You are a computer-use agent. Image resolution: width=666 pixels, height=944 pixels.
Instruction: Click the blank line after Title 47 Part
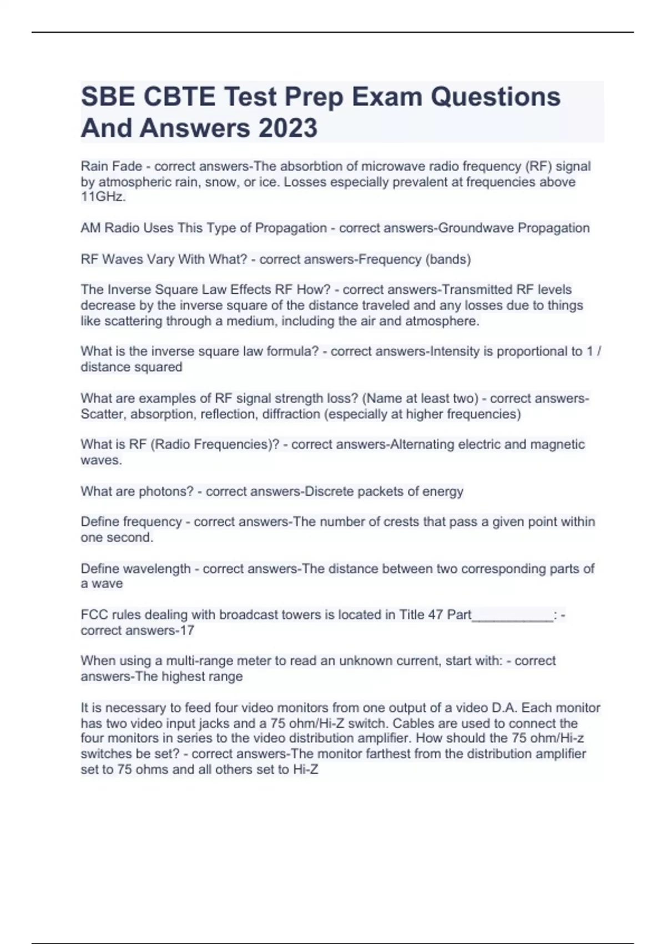(512, 615)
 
